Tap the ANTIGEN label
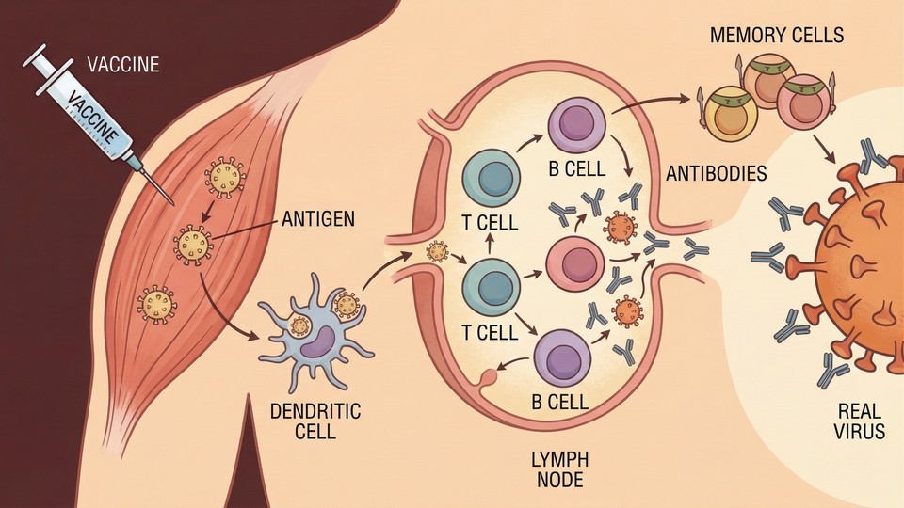pos(316,221)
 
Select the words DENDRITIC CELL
pos(302,421)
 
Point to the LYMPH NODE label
pos(562,468)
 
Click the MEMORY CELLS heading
pos(778,37)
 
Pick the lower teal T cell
pos(492,286)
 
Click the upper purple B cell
pos(576,127)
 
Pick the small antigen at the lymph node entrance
pos(437,252)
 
